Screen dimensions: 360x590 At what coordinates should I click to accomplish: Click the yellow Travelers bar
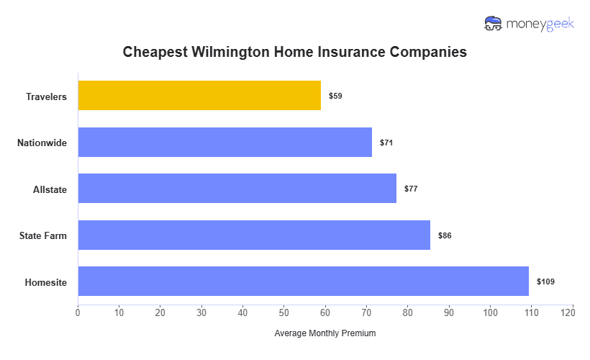[199, 96]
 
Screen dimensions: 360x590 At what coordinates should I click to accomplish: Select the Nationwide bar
[224, 143]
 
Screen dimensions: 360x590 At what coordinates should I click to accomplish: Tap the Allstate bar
[237, 189]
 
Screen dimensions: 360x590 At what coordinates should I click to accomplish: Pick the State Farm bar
[254, 235]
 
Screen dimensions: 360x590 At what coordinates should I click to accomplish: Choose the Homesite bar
[303, 282]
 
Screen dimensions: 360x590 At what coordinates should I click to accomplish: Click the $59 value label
[335, 96]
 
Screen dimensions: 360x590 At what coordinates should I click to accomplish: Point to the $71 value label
[386, 143]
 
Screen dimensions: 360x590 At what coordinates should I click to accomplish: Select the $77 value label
[411, 189]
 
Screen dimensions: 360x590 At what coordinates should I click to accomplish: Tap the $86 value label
[445, 235]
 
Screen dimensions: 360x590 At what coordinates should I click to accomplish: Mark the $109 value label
[545, 282]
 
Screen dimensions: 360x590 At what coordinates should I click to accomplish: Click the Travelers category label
[46, 96]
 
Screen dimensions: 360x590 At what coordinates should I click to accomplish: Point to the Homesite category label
[45, 282]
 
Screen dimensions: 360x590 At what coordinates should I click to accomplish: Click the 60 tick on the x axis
[325, 312]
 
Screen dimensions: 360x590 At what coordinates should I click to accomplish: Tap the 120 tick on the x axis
[573, 312]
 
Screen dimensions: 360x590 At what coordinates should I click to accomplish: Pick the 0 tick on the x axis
[78, 312]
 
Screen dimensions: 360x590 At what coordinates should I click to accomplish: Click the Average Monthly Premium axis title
[325, 333]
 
